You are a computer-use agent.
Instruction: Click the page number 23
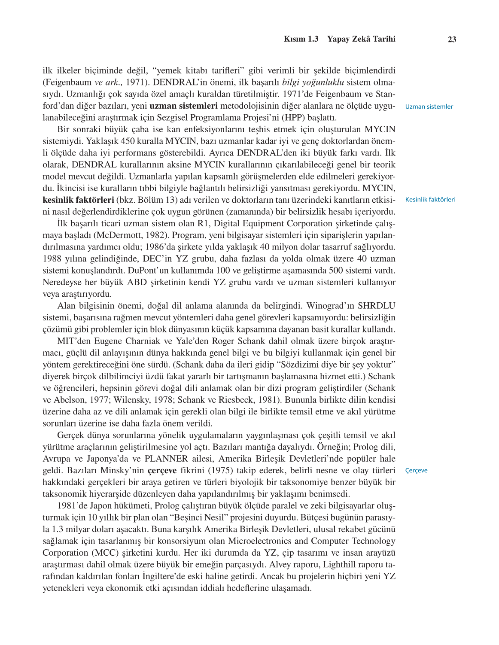point(452,40)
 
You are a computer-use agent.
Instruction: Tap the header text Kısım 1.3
point(301,39)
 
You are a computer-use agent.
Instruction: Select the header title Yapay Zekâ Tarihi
point(361,39)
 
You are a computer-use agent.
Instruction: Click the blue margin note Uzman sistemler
point(429,106)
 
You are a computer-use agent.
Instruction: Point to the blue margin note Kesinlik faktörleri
point(430,199)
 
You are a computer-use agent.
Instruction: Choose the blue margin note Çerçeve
point(416,470)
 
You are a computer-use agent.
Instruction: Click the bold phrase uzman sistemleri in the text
point(183,106)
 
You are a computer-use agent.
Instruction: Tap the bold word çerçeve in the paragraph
point(162,470)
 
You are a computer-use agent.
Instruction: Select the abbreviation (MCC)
point(103,553)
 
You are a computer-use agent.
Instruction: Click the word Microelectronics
point(259,541)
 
